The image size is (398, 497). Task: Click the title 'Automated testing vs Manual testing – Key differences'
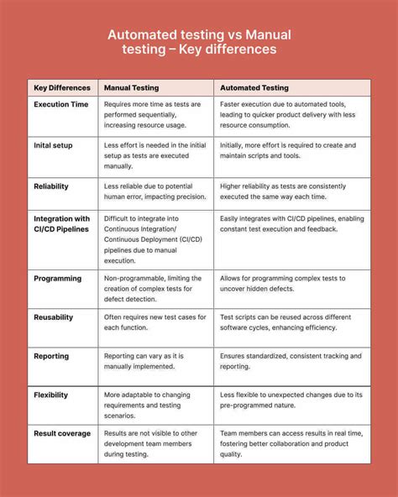pos(198,42)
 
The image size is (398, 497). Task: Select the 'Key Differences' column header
pos(62,87)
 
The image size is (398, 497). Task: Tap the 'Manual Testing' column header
pos(132,87)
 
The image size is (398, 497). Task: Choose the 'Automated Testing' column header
pos(254,87)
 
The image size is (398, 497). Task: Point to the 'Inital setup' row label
pos(53,145)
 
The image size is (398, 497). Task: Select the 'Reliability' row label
pos(51,186)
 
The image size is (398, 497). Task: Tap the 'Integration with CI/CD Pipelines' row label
pos(62,225)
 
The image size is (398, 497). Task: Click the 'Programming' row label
pos(58,278)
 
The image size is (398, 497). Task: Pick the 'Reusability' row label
pos(54,317)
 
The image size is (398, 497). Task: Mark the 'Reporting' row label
pos(51,356)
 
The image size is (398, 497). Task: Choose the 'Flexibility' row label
pos(51,395)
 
